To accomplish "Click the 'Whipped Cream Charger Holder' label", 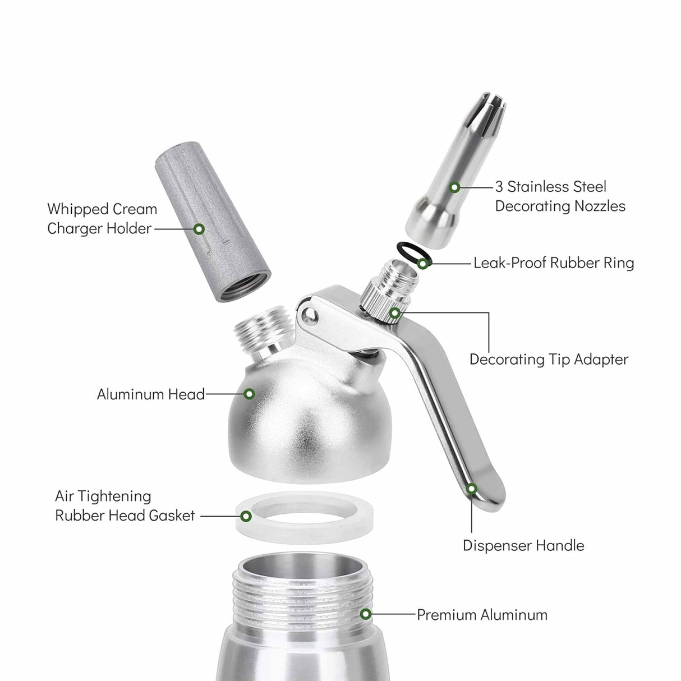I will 102,219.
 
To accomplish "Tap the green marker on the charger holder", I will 198,229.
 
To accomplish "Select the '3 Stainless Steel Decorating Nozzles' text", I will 559,196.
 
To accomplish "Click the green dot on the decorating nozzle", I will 455,187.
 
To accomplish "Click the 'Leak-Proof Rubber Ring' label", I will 553,263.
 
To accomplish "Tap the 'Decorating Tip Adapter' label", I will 548,359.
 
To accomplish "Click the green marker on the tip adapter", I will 395,312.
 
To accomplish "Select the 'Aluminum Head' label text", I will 150,394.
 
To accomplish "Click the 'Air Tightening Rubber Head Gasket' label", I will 125,506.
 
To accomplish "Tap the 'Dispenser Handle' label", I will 523,545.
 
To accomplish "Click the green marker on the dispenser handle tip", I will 472,489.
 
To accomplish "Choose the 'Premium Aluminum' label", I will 482,615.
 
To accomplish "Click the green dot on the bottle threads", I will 365,614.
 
